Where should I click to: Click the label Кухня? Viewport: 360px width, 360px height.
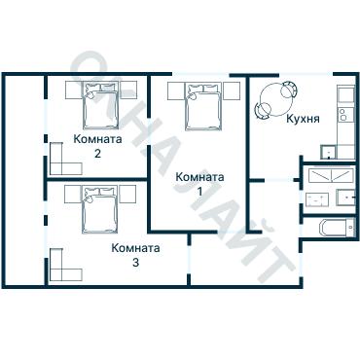click(303, 119)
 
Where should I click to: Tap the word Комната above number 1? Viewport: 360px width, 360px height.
click(199, 177)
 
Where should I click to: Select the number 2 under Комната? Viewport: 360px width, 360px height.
click(97, 153)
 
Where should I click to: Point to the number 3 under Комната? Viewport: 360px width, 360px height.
click(135, 262)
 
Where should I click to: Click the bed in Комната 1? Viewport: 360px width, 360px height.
click(203, 106)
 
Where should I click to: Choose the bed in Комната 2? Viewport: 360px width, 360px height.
click(100, 105)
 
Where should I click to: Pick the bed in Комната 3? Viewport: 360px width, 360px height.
click(99, 209)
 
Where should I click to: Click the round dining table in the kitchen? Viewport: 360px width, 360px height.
click(274, 100)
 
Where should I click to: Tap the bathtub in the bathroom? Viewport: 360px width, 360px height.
click(337, 228)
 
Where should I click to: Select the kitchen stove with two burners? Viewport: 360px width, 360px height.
click(342, 114)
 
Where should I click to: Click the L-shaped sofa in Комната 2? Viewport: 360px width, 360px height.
click(65, 160)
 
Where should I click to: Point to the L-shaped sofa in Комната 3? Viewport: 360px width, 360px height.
click(65, 266)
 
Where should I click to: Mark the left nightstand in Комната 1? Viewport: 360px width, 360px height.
click(176, 90)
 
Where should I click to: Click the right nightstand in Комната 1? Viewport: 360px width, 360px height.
click(231, 90)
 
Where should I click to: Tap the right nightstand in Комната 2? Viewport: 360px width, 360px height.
click(127, 90)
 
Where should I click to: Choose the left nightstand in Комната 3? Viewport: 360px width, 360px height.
click(73, 194)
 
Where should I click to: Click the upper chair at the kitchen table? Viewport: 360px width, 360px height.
click(289, 90)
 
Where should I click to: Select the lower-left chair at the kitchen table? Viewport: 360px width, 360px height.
click(262, 111)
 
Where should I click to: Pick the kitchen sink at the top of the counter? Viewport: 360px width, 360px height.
click(345, 94)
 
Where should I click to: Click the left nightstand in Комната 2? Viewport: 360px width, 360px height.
click(74, 90)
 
